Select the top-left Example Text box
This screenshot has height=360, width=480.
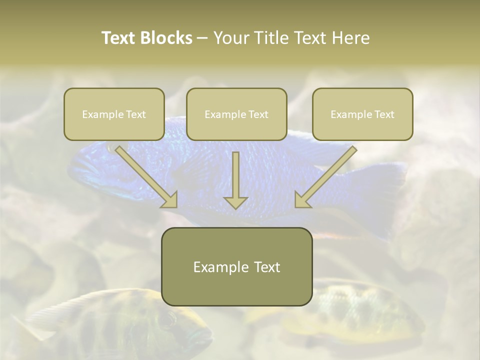114,114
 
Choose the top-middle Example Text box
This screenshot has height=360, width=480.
236,114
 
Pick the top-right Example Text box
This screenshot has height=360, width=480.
362,114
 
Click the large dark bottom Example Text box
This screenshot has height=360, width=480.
236,267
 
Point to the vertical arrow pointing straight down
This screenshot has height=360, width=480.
235,180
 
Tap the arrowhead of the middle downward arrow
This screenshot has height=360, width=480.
235,202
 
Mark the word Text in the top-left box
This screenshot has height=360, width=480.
136,114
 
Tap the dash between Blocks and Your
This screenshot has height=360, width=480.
202,38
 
